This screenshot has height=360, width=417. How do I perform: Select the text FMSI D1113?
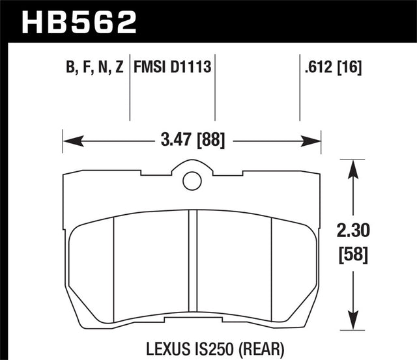tap(175, 66)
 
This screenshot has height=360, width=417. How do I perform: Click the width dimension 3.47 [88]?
tap(192, 140)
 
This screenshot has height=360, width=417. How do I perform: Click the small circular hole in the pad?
tap(192, 180)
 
